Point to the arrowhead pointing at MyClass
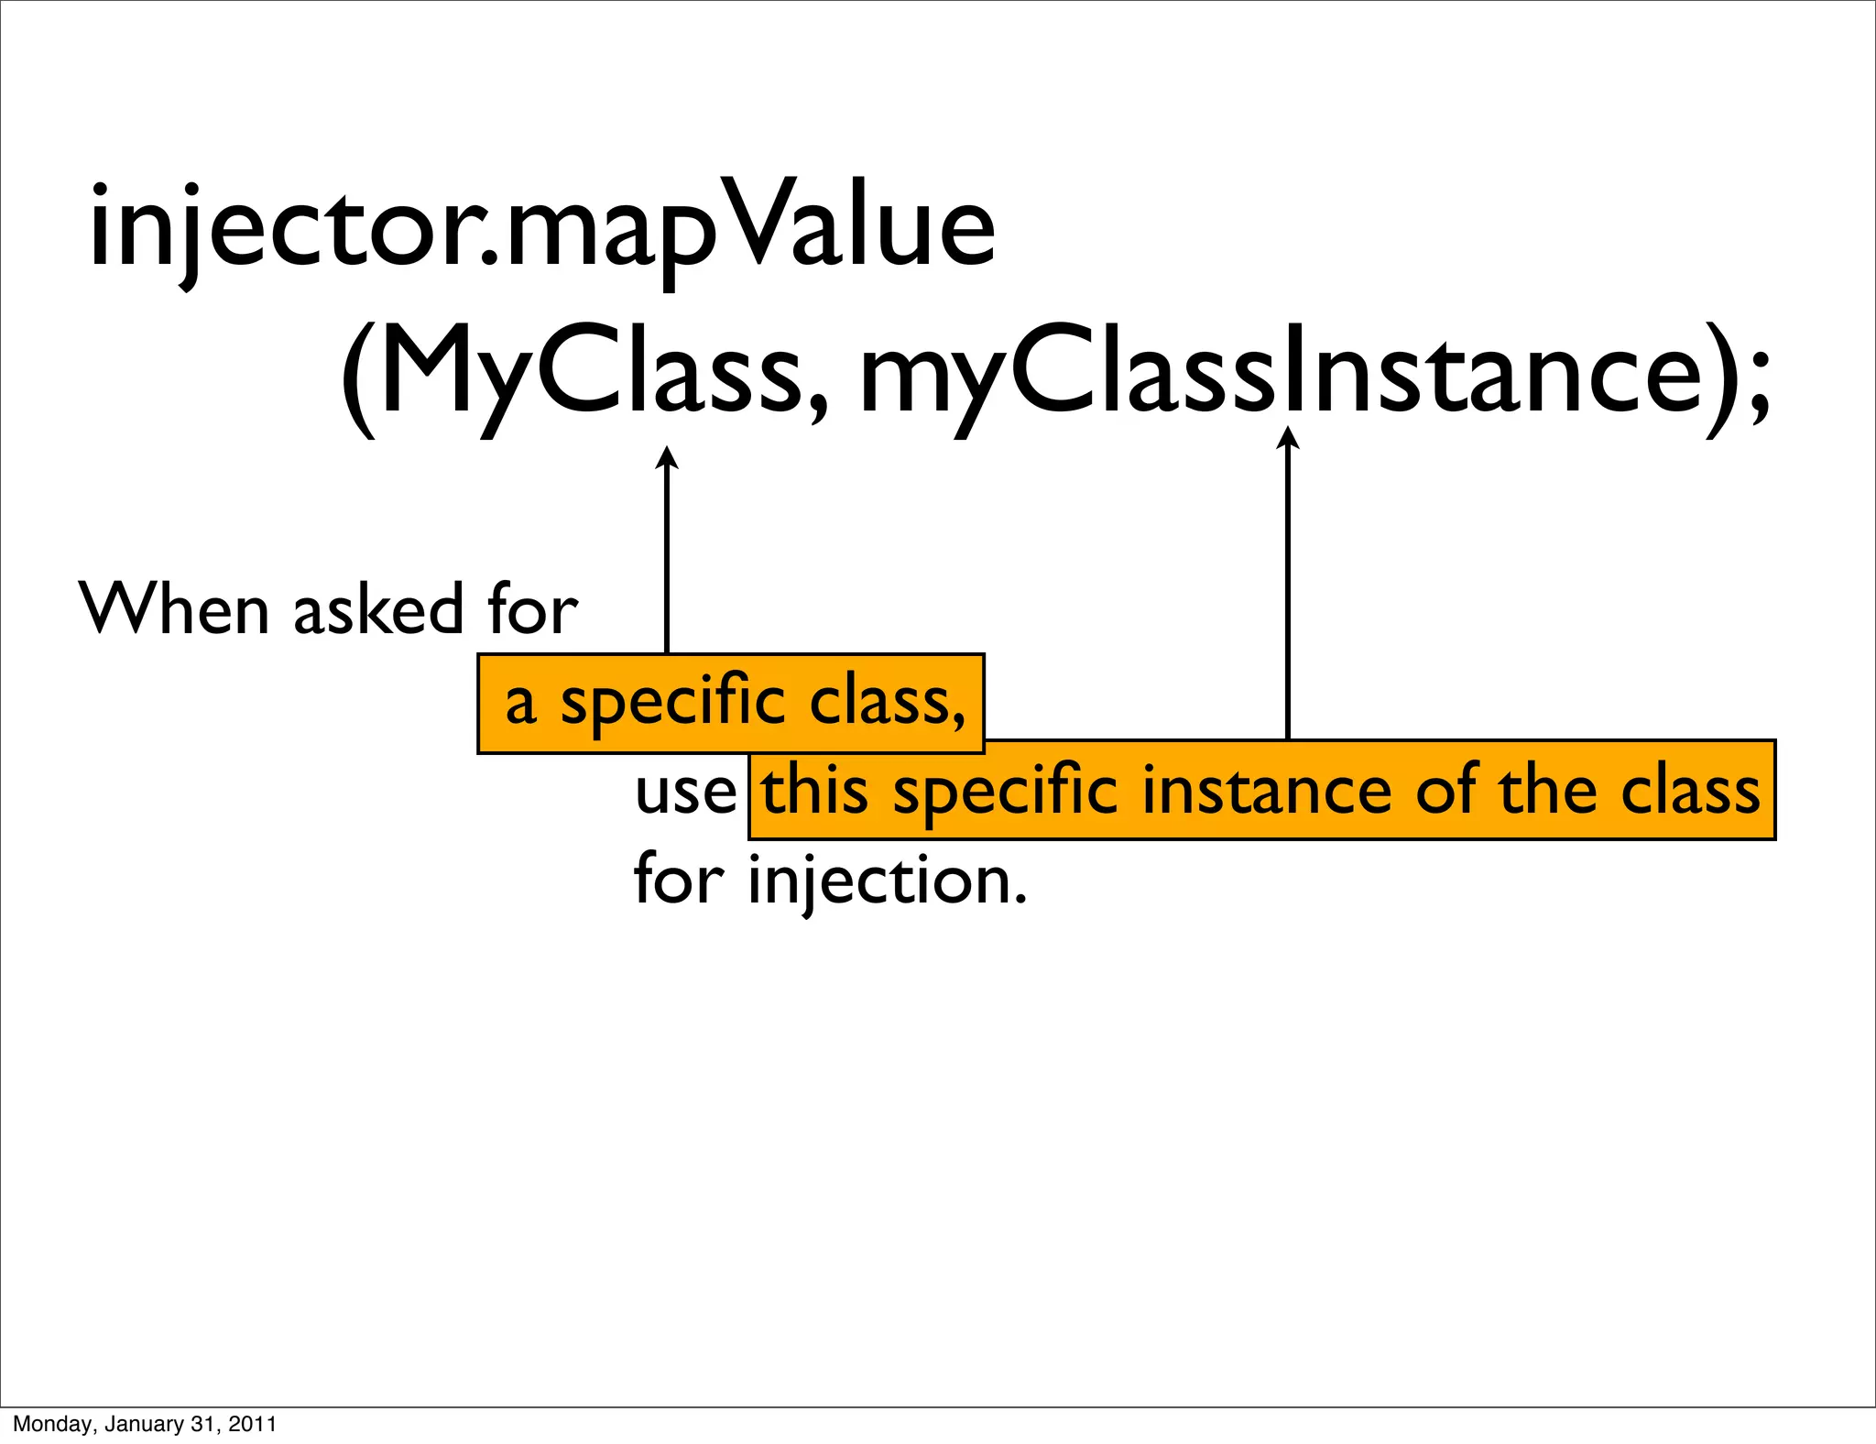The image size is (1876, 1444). [667, 456]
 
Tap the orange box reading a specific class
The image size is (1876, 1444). [731, 704]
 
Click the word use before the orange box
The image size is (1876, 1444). [685, 792]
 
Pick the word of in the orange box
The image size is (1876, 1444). [1448, 792]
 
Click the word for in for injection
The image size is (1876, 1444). [678, 880]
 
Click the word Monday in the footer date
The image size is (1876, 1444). [51, 1424]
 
